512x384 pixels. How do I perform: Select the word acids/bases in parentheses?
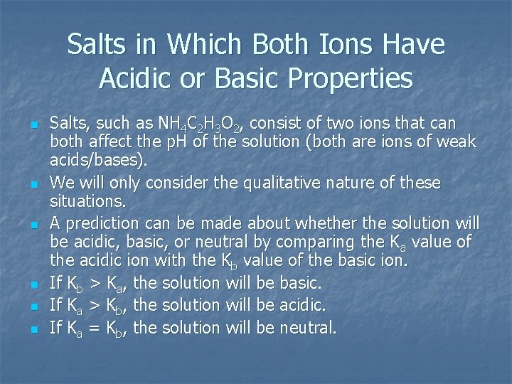coord(98,161)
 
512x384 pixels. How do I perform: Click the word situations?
coord(84,202)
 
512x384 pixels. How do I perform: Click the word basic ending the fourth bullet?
coord(300,283)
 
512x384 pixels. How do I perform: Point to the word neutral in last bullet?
coord(308,328)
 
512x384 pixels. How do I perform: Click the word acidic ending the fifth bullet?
coord(302,305)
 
